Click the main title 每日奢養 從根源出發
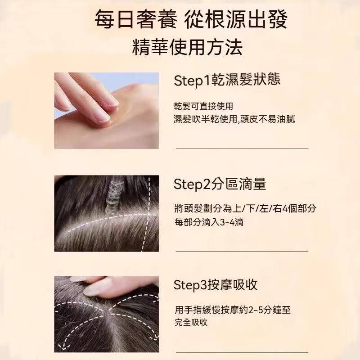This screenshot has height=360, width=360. coord(191,19)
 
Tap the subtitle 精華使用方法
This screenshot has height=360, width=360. coord(188,48)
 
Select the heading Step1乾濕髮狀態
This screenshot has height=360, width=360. coord(227,80)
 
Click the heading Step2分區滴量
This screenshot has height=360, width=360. coord(220,184)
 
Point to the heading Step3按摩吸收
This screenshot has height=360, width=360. coord(216,285)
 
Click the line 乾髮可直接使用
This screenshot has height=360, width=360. coord(203,106)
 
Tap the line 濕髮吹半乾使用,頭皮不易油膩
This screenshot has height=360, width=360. coord(234,119)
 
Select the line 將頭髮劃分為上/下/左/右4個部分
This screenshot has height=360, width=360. coord(245,208)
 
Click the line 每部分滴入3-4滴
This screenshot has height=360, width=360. coord(209,222)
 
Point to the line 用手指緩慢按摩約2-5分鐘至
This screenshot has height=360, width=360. coord(233,310)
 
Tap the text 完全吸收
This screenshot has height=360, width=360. coord(191,322)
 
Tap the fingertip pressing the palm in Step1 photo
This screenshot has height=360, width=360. coord(104,117)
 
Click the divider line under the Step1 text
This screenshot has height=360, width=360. coord(242,148)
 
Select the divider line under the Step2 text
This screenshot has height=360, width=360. coord(242,251)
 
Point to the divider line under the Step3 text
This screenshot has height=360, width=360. coord(242,352)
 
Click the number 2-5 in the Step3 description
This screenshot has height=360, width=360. coord(256,310)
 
